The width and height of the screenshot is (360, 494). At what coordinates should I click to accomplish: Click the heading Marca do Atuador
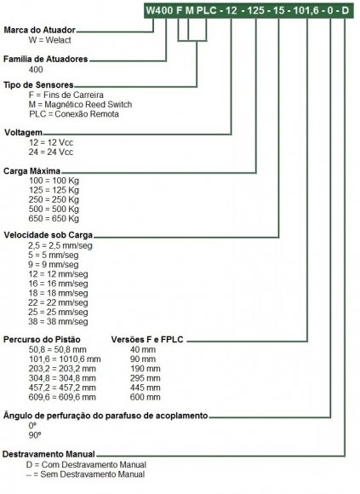40,30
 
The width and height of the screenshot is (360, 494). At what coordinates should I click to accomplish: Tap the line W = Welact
49,40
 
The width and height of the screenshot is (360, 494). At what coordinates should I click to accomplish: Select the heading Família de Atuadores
46,59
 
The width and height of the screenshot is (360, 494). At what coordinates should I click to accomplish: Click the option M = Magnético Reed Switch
80,104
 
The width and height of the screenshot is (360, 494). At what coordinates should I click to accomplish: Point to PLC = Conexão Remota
74,114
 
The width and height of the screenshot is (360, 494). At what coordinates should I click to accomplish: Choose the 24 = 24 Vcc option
51,152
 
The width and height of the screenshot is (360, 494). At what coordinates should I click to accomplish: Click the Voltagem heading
23,132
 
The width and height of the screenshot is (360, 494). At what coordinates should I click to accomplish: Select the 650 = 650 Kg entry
54,218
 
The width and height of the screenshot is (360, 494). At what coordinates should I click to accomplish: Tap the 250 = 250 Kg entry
54,199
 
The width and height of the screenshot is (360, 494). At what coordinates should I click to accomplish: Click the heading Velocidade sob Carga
49,235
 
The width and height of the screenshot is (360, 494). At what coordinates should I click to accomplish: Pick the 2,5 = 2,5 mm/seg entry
60,245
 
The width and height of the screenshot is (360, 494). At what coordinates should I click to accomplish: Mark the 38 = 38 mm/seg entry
58,322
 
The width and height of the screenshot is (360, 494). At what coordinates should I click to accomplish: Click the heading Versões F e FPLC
147,340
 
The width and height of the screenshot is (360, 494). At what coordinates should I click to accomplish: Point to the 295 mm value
145,378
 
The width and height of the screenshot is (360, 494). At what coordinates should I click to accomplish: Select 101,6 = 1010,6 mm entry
65,359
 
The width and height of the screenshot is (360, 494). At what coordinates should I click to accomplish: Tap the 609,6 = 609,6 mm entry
62,397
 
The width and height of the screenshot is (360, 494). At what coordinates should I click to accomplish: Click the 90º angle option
35,435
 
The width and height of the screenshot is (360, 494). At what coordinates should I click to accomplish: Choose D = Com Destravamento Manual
86,465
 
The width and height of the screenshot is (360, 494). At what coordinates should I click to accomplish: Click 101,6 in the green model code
306,10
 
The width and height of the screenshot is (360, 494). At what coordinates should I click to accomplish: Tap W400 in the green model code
159,10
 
